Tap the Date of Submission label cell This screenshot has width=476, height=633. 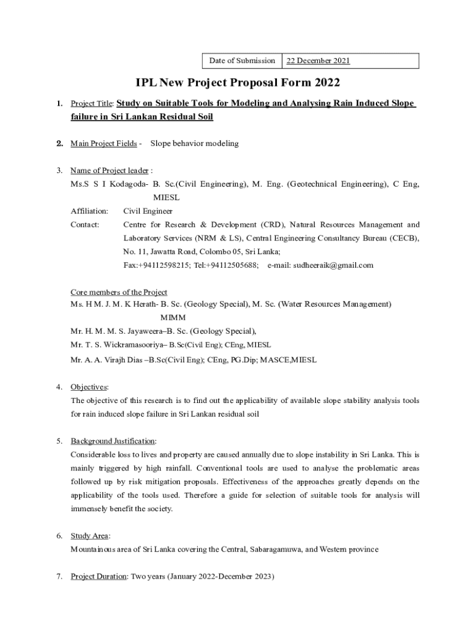[242, 61]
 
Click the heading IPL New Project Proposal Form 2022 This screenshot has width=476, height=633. [238, 82]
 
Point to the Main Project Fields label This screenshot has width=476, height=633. [104, 143]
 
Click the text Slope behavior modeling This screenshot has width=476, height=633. [194, 143]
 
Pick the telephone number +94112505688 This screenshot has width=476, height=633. [232, 265]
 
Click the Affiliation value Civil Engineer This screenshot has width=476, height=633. [148, 211]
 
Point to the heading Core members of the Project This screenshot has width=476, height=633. [119, 292]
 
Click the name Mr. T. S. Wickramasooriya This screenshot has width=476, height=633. [116, 344]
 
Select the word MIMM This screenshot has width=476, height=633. [173, 318]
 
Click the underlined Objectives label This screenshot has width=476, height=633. [89, 387]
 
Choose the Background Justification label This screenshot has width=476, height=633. [113, 441]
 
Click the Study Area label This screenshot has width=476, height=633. [89, 536]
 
